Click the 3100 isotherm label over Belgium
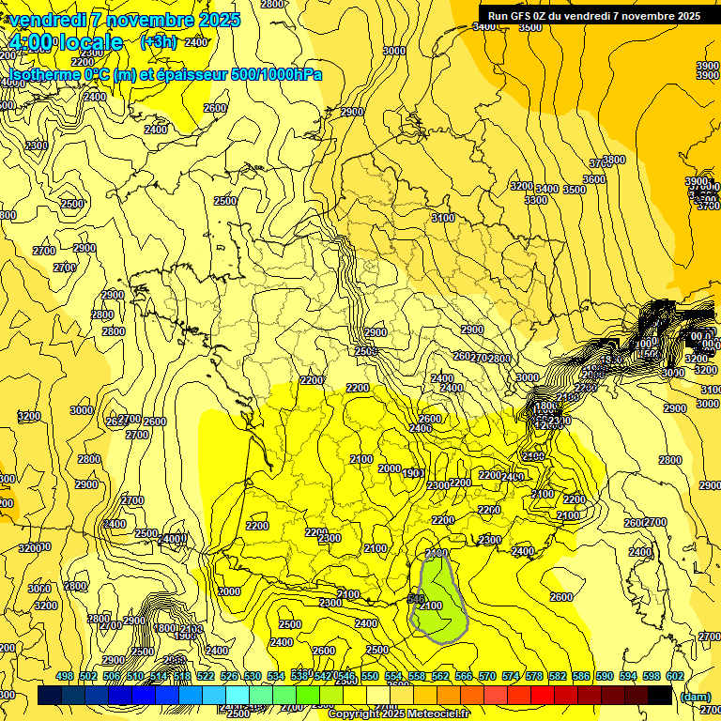tap(443, 218)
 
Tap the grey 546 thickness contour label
tap(417, 597)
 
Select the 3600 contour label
tap(593, 179)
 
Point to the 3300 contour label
tap(535, 200)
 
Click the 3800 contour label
tap(614, 161)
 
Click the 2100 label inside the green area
tap(430, 606)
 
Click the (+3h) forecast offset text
tap(157, 42)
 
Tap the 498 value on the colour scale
tap(65, 676)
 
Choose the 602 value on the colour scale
tap(675, 676)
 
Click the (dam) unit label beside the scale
tap(694, 696)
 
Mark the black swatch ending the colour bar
tap(660, 696)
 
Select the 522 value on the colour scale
tap(206, 676)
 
